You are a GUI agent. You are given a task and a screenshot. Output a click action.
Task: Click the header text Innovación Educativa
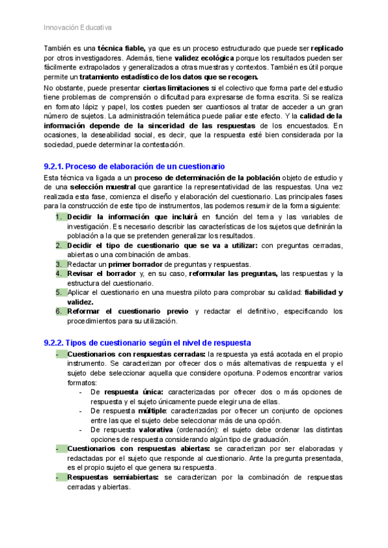[78, 28]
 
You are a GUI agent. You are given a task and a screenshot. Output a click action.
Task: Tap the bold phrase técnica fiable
[122, 49]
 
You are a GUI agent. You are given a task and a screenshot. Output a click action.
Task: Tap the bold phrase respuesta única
[134, 392]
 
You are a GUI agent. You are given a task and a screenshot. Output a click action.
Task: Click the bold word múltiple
[153, 410]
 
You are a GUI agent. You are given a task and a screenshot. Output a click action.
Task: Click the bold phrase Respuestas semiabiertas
[114, 477]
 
